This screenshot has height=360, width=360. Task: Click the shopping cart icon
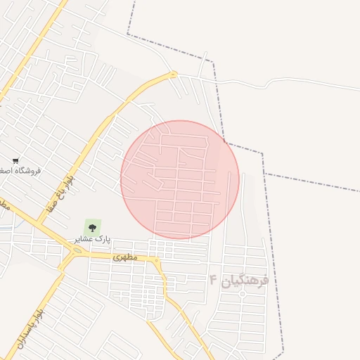click(15, 161)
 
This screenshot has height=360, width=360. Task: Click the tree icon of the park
click(91, 226)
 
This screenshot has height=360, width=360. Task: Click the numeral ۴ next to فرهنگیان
click(213, 280)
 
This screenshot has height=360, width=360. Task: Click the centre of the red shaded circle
click(180, 180)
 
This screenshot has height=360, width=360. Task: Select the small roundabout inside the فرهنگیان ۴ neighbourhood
click(243, 293)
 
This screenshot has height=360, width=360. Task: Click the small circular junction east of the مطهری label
click(157, 262)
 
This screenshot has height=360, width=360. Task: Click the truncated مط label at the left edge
click(4, 206)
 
